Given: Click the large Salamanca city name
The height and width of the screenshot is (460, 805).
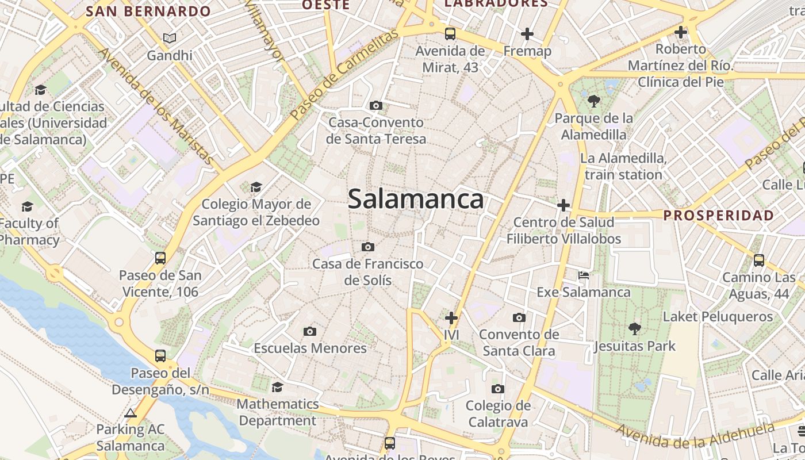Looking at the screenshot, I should (x=415, y=200).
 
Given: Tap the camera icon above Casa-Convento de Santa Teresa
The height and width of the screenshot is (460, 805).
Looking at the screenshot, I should (x=376, y=105).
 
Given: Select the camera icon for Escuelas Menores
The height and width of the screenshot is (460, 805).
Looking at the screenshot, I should (x=310, y=331).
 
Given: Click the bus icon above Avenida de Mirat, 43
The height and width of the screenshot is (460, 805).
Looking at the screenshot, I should (x=450, y=33).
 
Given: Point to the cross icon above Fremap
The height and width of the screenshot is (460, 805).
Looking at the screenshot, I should (x=527, y=34).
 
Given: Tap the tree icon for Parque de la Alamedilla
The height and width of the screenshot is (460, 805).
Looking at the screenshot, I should (x=594, y=102).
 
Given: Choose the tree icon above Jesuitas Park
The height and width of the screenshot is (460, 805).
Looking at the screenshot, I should (x=635, y=329).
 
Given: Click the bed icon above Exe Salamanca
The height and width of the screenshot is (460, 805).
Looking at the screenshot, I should (x=584, y=275).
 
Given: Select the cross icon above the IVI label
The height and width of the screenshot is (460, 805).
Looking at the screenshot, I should (x=451, y=317).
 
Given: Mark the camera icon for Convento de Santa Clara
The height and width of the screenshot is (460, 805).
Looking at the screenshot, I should (x=519, y=317).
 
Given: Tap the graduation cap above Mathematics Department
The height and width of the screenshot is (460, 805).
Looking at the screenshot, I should (x=277, y=387).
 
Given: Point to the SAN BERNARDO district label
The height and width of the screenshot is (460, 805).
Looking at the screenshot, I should (x=148, y=11).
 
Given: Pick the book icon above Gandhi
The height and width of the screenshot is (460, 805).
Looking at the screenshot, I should (x=169, y=39).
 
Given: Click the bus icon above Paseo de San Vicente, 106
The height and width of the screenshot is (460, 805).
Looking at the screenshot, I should (x=160, y=258).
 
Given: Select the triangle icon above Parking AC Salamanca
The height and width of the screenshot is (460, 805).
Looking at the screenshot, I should (x=131, y=413).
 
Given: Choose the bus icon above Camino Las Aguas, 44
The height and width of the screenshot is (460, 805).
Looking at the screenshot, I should (x=759, y=260).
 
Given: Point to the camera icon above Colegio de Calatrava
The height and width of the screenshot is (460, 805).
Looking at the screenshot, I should (x=498, y=389).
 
